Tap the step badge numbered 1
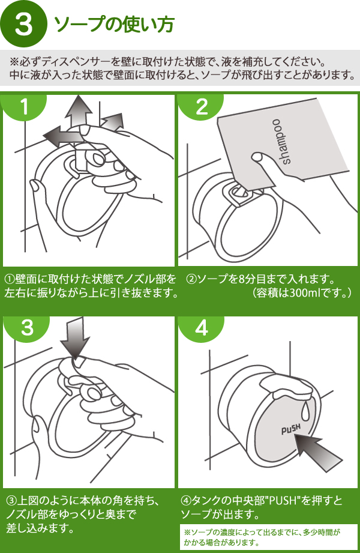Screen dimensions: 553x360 24,107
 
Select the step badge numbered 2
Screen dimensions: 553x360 202,107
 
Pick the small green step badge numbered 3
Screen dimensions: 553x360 27,328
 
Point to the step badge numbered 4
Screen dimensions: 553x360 202,328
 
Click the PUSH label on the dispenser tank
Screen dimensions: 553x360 290,430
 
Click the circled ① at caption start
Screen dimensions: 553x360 10,280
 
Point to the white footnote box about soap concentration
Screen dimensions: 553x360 268,537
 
